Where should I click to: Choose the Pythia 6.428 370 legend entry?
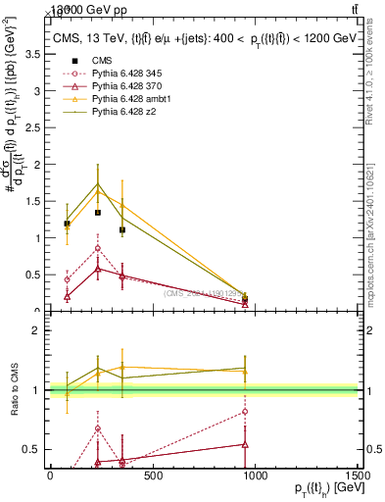tap(122, 87)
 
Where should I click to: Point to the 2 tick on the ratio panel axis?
tap(39, 330)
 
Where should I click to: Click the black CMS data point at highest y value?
tap(98, 212)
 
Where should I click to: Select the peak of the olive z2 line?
tap(98, 183)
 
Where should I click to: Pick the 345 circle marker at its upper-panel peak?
tap(98, 247)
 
